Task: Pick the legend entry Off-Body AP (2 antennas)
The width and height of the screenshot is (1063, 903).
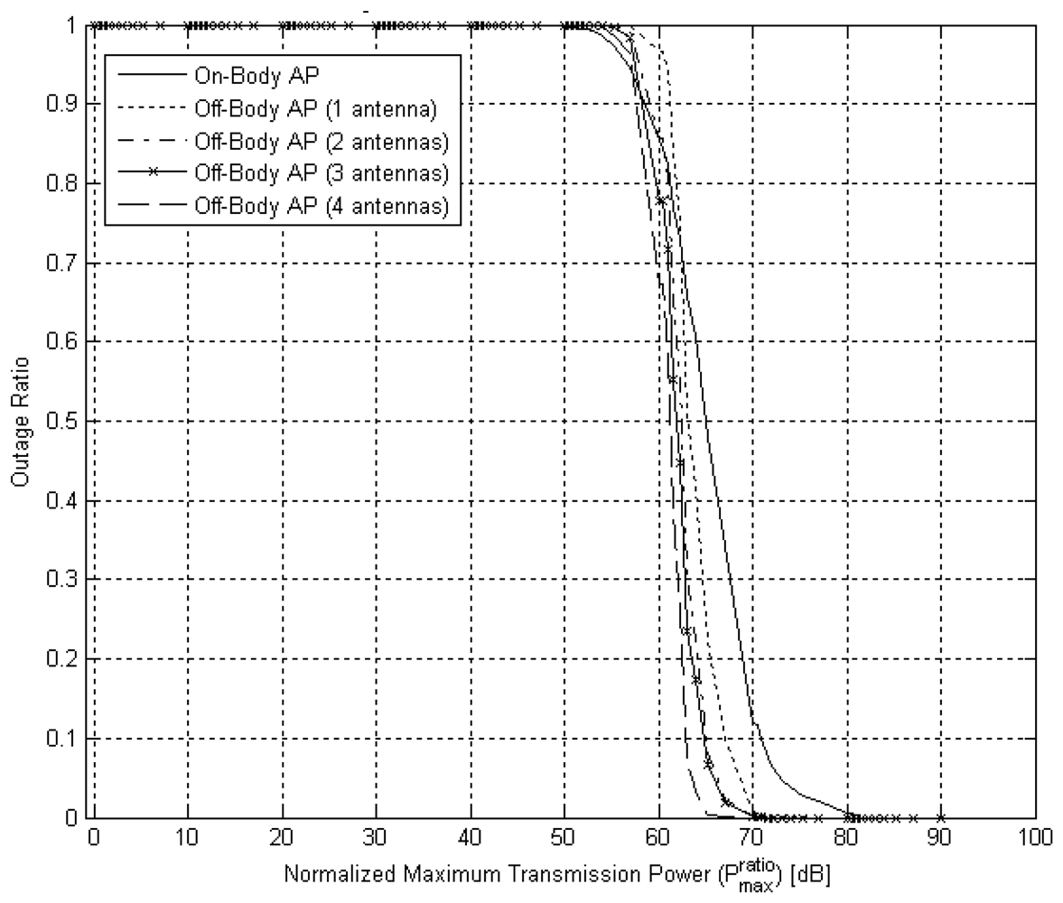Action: click(x=321, y=141)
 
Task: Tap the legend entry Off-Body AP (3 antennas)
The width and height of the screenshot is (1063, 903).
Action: click(x=321, y=173)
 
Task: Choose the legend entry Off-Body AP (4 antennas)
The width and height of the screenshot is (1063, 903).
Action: click(x=321, y=206)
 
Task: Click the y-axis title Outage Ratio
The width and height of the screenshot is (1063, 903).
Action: click(x=19, y=422)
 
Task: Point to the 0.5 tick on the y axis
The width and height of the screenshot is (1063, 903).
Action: click(x=64, y=422)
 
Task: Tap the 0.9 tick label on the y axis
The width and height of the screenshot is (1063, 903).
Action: click(x=64, y=105)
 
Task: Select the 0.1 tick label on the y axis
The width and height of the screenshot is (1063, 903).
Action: click(x=64, y=739)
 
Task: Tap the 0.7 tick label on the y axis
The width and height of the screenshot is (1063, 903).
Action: click(x=64, y=264)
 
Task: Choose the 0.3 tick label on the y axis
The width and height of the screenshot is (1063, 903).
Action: click(x=64, y=580)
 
